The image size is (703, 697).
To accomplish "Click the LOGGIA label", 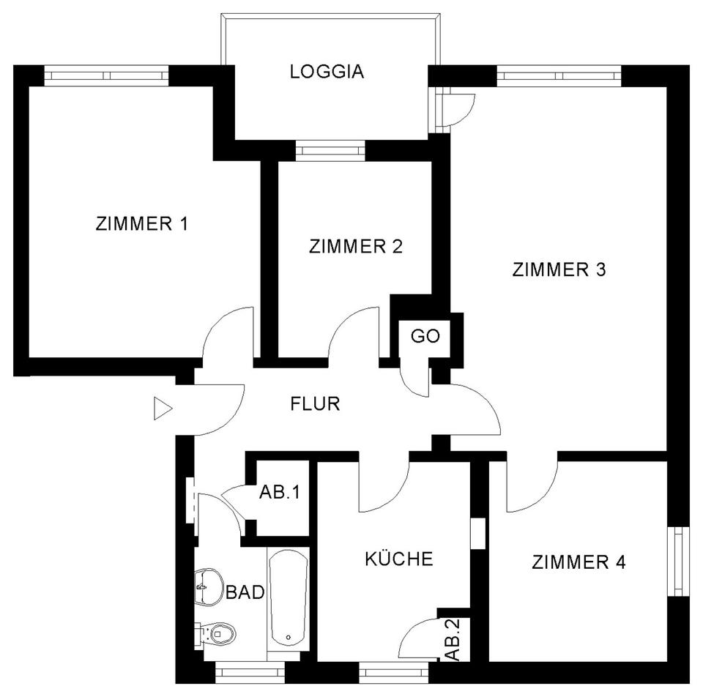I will coord(327,72).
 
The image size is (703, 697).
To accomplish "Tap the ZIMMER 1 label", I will coord(142,224).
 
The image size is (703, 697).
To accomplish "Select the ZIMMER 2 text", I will coord(356,246).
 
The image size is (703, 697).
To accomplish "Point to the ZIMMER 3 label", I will coord(559,270).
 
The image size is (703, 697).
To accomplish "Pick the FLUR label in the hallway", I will coord(315,403).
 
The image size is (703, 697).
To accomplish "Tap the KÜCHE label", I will coord(399,559).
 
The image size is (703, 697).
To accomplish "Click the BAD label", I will coord(245,592).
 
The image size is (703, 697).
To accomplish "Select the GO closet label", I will coord(425,337).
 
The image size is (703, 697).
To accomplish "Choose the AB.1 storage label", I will coord(280,492).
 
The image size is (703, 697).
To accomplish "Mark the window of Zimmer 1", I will coord(107,74).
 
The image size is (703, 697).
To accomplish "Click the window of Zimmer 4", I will coord(678,561).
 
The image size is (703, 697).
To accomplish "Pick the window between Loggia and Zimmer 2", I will coord(330,152).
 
